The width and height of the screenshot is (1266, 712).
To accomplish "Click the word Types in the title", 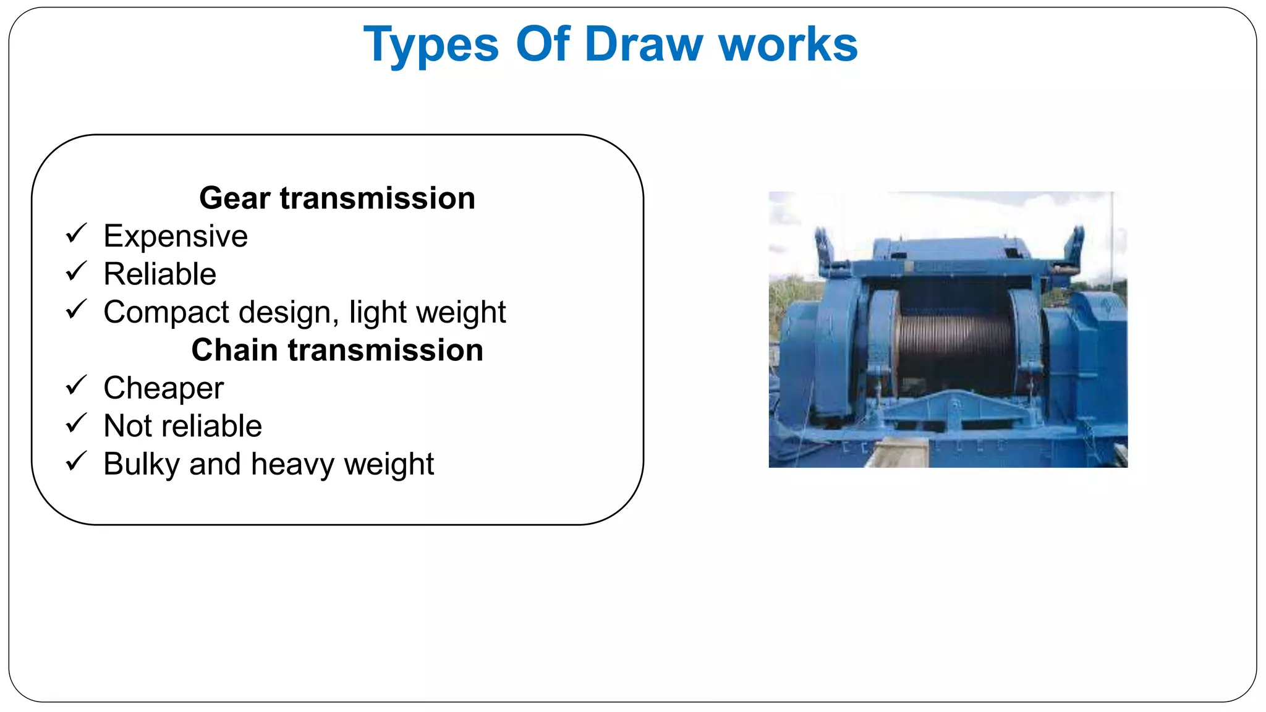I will tap(431, 44).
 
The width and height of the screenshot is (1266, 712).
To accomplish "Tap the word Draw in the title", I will tap(644, 44).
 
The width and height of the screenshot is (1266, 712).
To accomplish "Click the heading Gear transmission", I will tap(337, 198).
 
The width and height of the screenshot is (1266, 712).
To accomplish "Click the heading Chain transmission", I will tap(337, 350).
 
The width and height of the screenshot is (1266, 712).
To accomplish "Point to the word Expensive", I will tap(176, 236).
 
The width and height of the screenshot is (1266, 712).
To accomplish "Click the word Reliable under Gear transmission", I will tap(159, 274).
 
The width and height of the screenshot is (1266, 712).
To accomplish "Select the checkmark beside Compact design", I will tap(76, 310).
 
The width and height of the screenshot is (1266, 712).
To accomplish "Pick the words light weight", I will tap(427, 313).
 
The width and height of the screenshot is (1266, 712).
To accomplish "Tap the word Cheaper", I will tap(163, 389).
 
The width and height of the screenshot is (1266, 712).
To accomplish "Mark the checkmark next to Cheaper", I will tap(76, 386).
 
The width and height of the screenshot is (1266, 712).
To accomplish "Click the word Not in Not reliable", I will tap(127, 426).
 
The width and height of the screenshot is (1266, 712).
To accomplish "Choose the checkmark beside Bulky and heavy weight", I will tap(76, 462).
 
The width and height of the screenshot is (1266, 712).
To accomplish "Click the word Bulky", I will tap(142, 465).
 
